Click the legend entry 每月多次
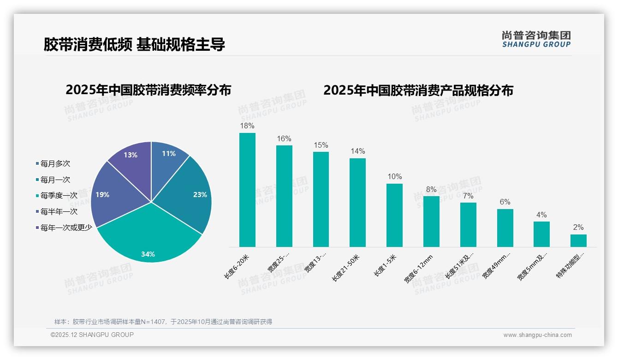coord(55,164)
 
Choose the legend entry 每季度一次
coord(59,196)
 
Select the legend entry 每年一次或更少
coord(66,228)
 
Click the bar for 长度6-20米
coord(247,190)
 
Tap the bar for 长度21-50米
coord(357,203)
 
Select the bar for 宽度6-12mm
coord(431,222)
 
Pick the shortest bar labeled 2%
coord(578,240)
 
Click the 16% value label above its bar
coord(284,138)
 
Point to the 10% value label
coord(394,176)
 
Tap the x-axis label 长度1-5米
coord(385,266)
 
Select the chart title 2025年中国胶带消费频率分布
coord(148,90)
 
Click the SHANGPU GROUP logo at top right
coord(536,39)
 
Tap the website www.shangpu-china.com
coord(537,335)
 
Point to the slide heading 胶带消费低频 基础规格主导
coord(134,45)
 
